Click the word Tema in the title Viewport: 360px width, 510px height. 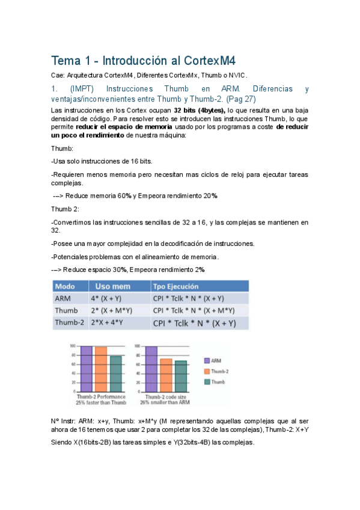click(65, 61)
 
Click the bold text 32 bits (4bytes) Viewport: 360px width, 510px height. click(200, 111)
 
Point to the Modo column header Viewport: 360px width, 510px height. click(65, 286)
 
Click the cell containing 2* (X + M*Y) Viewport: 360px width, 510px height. click(112, 310)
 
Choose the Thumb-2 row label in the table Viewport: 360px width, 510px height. click(69, 323)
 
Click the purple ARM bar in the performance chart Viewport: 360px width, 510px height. click(86, 369)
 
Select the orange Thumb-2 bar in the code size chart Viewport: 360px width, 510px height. click(166, 375)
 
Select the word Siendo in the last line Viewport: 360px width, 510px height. click(63, 442)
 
